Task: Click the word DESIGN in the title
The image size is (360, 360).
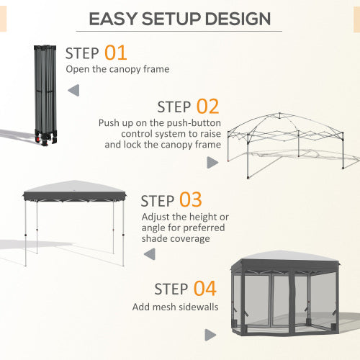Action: [x=237, y=19]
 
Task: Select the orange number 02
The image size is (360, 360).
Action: [x=207, y=107]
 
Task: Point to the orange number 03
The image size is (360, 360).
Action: [x=191, y=200]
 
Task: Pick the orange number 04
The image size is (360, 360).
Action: [x=204, y=289]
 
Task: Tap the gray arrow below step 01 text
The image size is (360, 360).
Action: [x=73, y=91]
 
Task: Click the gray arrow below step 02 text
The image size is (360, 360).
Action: [x=212, y=163]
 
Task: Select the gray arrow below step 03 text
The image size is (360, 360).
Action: [x=150, y=253]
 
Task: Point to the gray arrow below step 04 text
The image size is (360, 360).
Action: [x=210, y=335]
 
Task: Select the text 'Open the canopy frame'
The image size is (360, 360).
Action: [x=117, y=69]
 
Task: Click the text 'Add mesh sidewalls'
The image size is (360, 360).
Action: [x=171, y=307]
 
